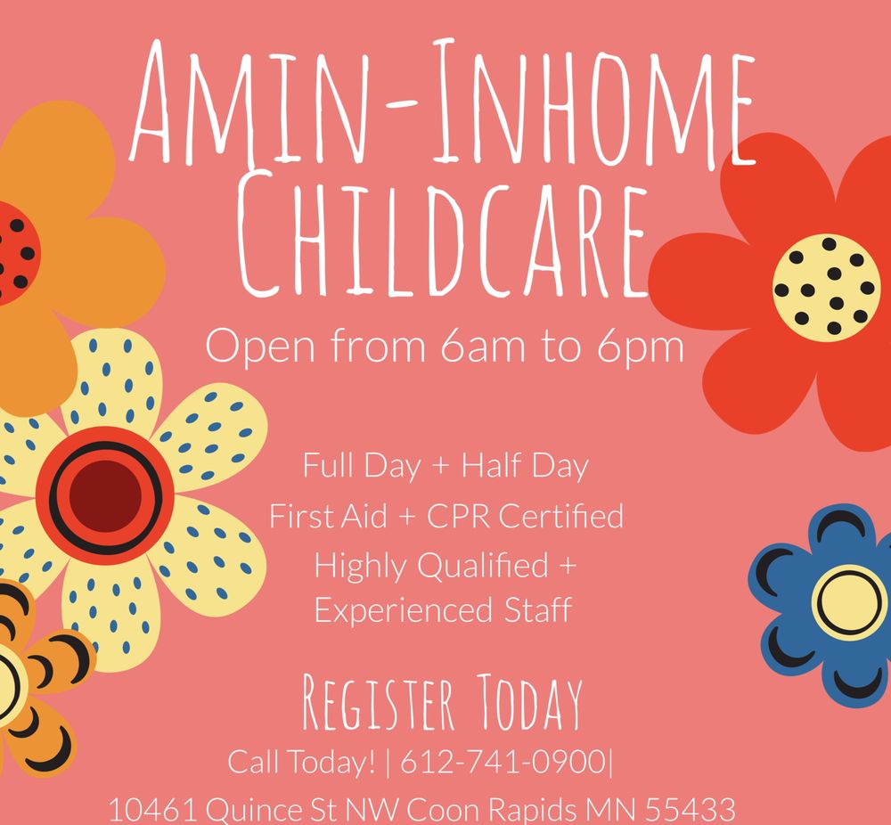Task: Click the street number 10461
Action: [x=152, y=810]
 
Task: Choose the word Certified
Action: [x=562, y=515]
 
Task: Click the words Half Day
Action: [x=526, y=465]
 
